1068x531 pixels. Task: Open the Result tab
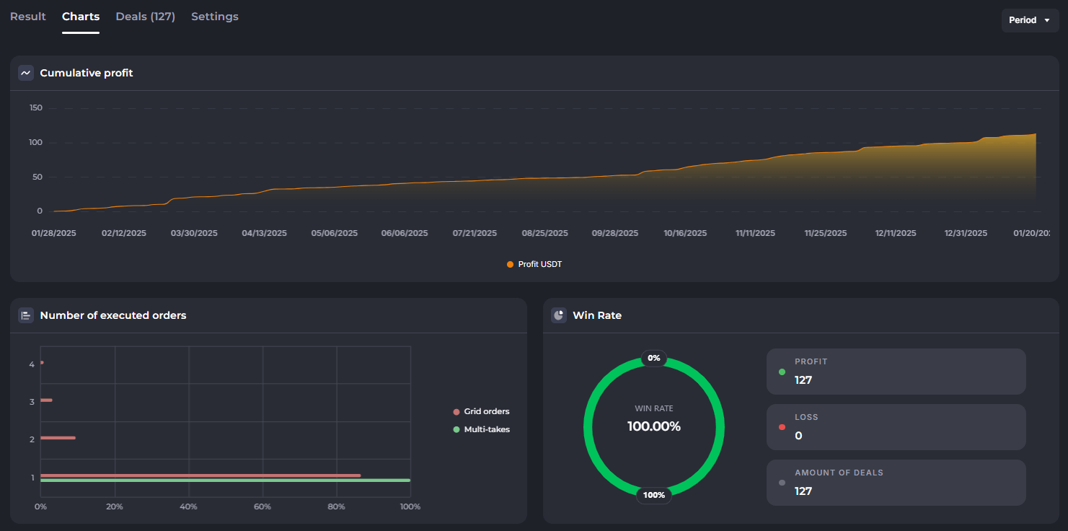(x=28, y=17)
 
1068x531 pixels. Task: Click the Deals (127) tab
(x=145, y=17)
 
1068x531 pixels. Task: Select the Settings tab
(x=215, y=17)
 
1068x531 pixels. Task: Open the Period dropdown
(x=1030, y=20)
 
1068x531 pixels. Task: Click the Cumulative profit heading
(x=87, y=73)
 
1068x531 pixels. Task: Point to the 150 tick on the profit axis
(x=35, y=108)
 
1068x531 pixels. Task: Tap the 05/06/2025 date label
(x=335, y=234)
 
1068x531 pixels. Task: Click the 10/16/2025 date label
(x=685, y=234)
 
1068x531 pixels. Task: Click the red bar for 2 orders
(x=58, y=438)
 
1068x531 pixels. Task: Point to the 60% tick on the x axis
(x=262, y=507)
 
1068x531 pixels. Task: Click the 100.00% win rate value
(x=654, y=426)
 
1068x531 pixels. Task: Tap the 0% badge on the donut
(x=654, y=358)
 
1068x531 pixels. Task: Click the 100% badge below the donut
(x=654, y=495)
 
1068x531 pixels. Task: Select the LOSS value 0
(x=798, y=436)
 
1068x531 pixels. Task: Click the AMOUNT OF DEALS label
(x=839, y=473)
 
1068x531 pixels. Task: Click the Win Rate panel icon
(x=559, y=315)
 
